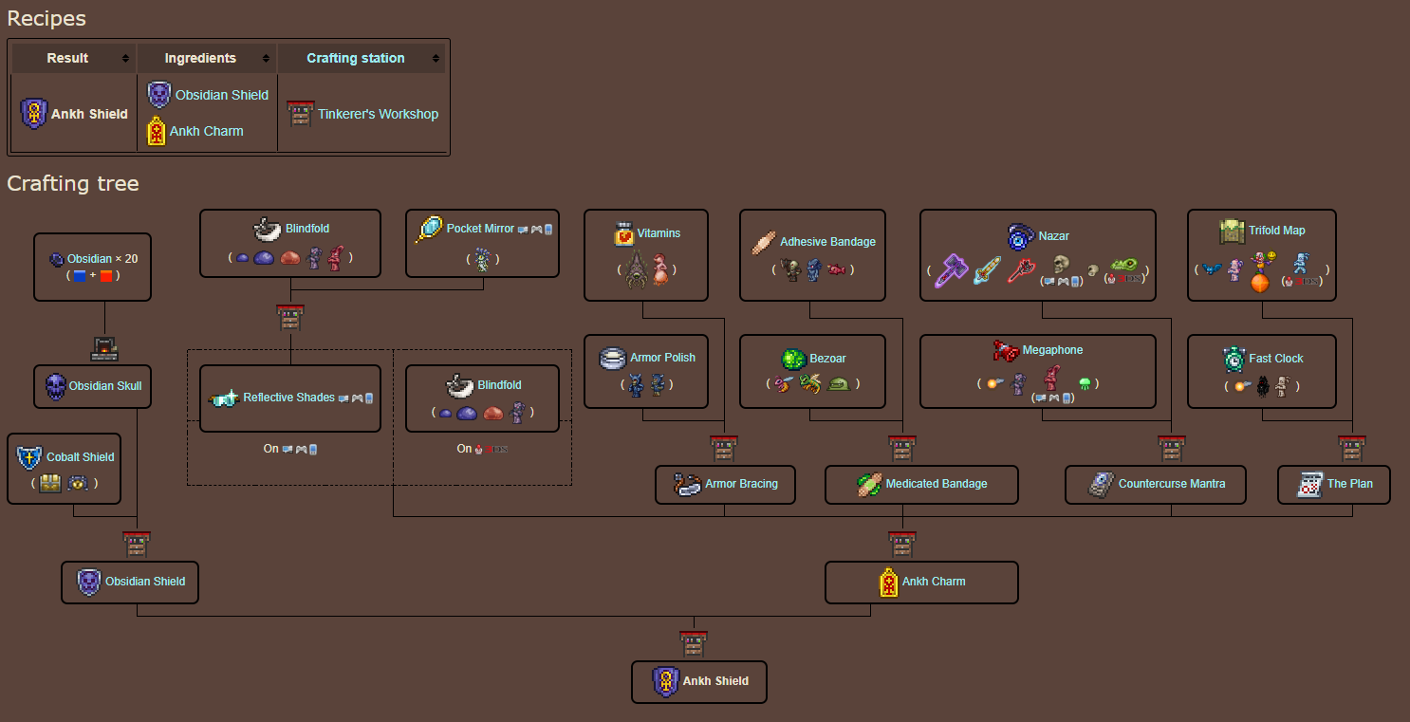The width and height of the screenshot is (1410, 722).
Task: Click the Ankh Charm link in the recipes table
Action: tap(206, 131)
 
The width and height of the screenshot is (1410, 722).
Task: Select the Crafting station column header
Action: tap(355, 58)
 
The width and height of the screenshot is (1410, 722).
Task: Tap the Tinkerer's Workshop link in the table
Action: tap(378, 114)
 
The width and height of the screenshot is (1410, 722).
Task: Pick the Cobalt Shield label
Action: tap(81, 457)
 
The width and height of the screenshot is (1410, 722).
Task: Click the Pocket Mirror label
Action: tap(480, 229)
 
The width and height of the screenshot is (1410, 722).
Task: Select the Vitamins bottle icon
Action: tap(623, 233)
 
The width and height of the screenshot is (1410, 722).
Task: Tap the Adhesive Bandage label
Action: tap(827, 242)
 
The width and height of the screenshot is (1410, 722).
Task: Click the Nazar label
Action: tap(1053, 236)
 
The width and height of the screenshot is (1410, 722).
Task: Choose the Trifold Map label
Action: tap(1276, 231)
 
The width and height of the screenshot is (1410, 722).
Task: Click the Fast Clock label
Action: tap(1275, 359)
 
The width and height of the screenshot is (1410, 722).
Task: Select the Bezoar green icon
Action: tap(793, 359)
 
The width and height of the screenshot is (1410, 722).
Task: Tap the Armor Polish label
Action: tap(662, 358)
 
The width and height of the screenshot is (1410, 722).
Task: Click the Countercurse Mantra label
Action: tap(1171, 484)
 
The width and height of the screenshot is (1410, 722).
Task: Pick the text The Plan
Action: tap(1349, 484)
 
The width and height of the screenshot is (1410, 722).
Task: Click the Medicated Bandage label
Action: tap(936, 484)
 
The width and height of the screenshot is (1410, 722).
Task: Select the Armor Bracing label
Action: tap(741, 484)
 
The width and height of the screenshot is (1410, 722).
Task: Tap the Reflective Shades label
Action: tap(288, 398)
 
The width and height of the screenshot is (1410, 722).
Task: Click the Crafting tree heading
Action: tap(73, 183)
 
